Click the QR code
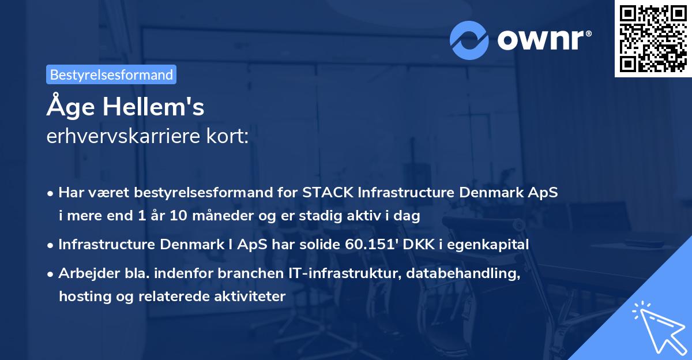tap(653, 39)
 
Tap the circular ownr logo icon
tap(469, 40)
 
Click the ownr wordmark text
tap(544, 40)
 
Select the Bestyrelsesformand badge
tap(111, 74)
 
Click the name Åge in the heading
tap(71, 106)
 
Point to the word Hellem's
tap(153, 107)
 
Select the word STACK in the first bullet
tap(328, 192)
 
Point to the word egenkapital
tap(488, 245)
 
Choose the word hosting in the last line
tap(85, 297)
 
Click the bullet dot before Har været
tap(50, 194)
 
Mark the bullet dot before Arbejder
tap(50, 275)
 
